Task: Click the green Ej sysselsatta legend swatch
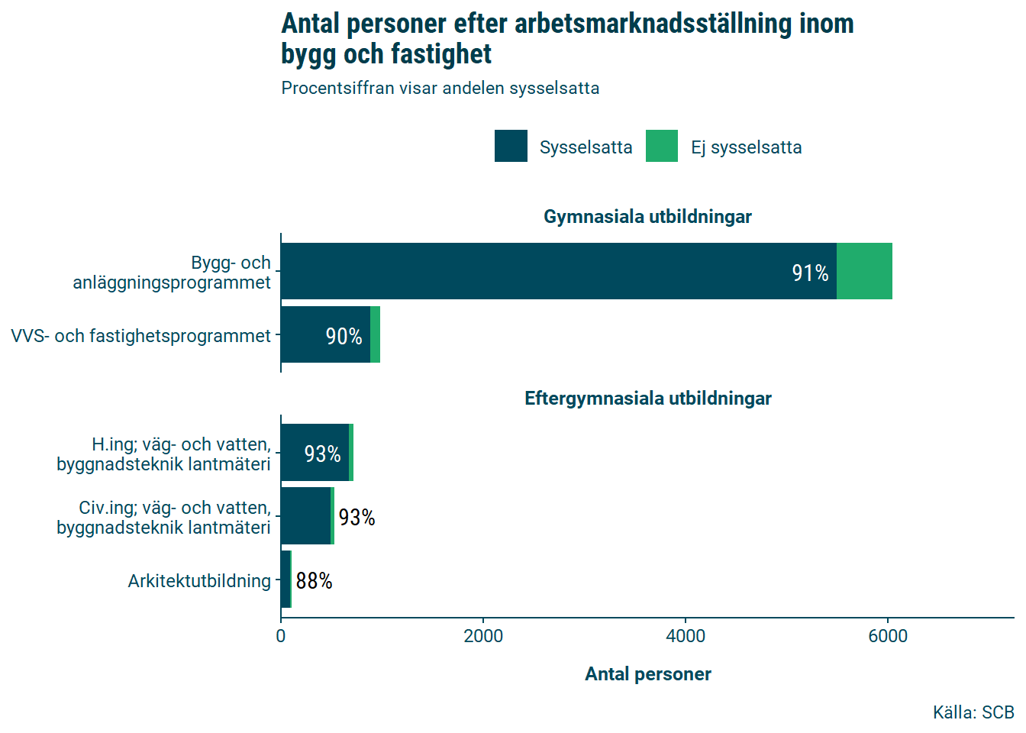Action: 661,146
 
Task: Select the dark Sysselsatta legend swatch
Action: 511,146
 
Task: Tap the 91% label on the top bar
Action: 810,273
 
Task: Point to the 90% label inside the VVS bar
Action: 344,336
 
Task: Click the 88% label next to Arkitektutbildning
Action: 314,581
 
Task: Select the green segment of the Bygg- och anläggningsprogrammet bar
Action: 864,271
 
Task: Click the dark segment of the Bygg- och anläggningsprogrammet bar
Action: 557,271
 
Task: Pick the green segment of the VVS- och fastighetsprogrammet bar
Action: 375,334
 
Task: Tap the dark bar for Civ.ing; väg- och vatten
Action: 305,516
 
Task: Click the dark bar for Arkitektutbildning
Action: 286,580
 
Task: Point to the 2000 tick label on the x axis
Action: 483,636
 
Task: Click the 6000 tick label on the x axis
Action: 888,636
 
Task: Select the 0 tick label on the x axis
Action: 281,636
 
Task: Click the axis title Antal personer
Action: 647,674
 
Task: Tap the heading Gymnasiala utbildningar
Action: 647,217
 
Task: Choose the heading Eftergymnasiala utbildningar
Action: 647,399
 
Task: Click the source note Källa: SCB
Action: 973,712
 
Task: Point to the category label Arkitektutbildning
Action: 199,581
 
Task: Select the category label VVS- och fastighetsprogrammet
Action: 141,336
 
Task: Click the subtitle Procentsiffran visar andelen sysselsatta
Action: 440,89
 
